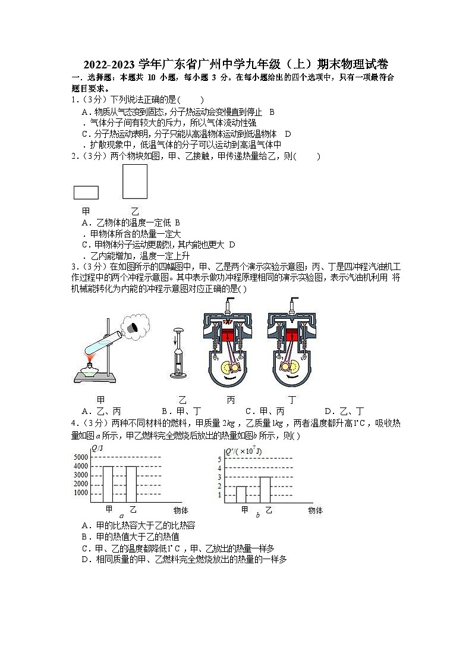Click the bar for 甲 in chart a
pyautogui.click(x=108, y=484)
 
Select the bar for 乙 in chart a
pyautogui.click(x=131, y=484)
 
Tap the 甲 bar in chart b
pyautogui.click(x=241, y=494)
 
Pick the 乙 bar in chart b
pyautogui.click(x=265, y=490)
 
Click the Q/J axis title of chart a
pyautogui.click(x=97, y=448)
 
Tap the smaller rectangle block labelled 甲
pyautogui.click(x=86, y=192)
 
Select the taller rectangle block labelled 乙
pyautogui.click(x=135, y=181)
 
